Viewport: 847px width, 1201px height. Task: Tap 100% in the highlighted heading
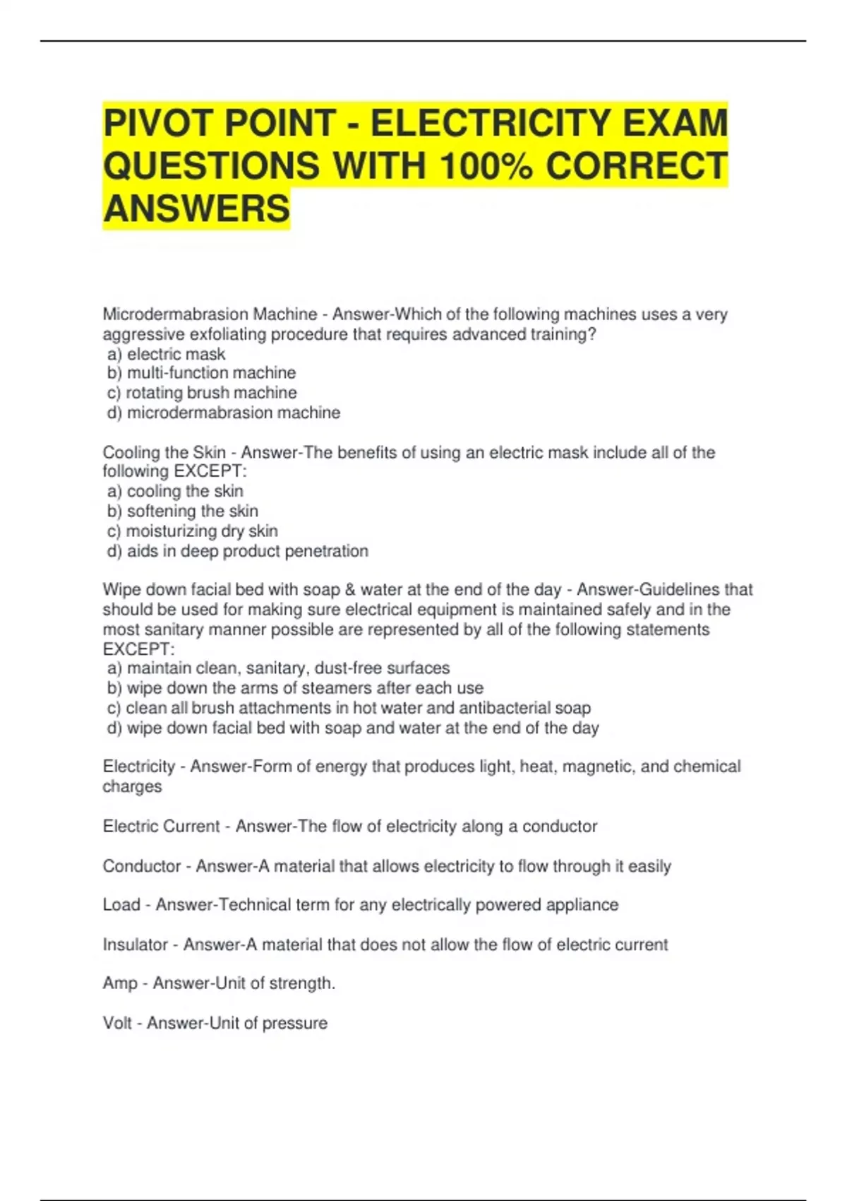tap(486, 166)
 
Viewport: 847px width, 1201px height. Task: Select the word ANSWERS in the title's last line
tap(196, 209)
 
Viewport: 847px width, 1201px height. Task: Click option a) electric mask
tap(167, 354)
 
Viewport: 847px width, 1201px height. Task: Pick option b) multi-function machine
tap(202, 373)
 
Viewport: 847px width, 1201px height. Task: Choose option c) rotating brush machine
tap(202, 393)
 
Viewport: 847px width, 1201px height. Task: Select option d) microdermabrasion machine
tap(224, 413)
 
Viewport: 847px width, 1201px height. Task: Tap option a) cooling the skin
tap(176, 491)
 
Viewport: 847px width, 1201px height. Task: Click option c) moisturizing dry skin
tap(193, 531)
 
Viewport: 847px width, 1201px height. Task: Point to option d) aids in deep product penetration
tap(238, 551)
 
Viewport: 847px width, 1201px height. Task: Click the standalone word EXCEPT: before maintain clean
tap(138, 649)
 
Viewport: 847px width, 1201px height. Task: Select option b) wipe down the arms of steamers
tap(296, 688)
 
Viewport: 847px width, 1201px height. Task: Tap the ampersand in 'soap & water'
tap(350, 590)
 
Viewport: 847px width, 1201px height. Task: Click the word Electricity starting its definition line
tap(138, 767)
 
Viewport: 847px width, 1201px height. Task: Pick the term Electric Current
tap(161, 827)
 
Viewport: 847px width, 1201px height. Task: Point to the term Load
tap(121, 905)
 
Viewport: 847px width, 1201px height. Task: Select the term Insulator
tap(135, 945)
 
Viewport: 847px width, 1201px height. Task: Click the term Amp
tap(119, 983)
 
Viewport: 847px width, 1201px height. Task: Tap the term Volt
tap(116, 1023)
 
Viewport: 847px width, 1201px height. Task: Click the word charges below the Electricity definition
tap(132, 787)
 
